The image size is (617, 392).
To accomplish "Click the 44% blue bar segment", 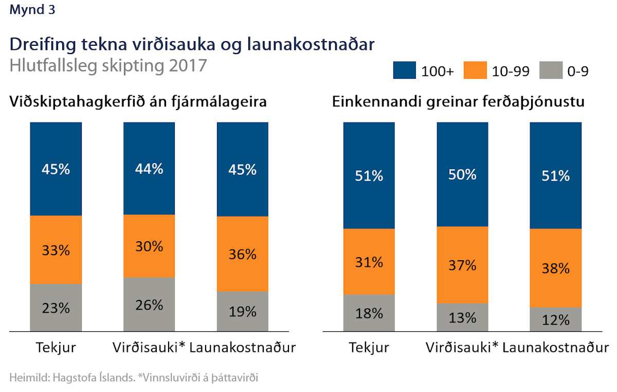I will [149, 168].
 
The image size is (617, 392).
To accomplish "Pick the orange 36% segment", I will [243, 254].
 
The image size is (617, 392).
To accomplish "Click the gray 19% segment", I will [243, 311].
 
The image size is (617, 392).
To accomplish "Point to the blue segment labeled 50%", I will [462, 174].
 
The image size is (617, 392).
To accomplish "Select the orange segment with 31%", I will [369, 261].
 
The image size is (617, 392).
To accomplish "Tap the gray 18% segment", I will [369, 312].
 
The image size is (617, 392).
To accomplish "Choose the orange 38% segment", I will [556, 268].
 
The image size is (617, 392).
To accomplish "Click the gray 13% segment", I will [462, 317].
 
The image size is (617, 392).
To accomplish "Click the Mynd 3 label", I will [32, 10].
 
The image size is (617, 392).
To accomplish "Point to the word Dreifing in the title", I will [42, 45].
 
